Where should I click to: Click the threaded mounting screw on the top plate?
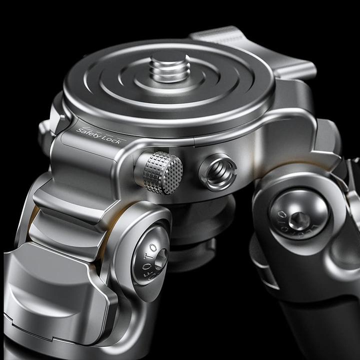pos(169,65)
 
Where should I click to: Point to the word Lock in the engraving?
pos(111,138)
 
